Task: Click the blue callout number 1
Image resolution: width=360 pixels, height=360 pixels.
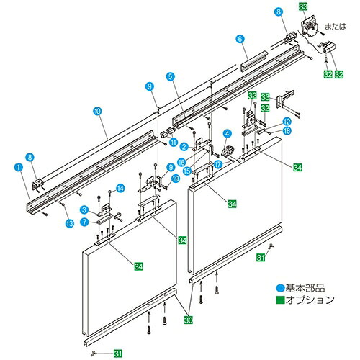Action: (x=19, y=167)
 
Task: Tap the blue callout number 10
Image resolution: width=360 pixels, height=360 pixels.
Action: (x=97, y=111)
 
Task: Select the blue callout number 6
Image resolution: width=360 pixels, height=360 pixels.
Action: (x=240, y=39)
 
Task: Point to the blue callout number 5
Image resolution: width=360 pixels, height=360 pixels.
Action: (x=170, y=77)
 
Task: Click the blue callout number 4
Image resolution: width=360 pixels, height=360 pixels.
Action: (x=228, y=133)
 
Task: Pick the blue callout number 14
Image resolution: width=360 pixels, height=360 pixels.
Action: (x=120, y=189)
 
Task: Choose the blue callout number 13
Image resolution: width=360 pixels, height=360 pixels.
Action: (x=70, y=224)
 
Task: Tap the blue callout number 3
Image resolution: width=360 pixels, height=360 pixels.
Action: (x=84, y=210)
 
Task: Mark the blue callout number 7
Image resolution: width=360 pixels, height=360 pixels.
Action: (x=84, y=222)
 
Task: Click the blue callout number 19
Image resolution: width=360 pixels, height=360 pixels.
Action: (x=176, y=179)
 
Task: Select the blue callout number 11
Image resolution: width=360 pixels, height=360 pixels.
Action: (x=174, y=142)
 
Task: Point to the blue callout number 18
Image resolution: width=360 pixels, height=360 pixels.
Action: (x=287, y=131)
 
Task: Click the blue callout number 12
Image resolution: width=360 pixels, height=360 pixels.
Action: (x=287, y=122)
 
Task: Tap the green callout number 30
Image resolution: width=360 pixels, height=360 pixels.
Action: (x=189, y=320)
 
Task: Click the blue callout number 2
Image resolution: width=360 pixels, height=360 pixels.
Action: (x=184, y=147)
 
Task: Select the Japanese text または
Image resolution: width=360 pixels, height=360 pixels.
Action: (x=336, y=27)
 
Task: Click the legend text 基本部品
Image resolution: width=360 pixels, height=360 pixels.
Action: (x=305, y=288)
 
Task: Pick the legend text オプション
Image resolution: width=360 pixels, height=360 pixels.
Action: (x=310, y=300)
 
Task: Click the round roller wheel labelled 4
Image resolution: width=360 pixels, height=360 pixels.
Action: (x=228, y=151)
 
